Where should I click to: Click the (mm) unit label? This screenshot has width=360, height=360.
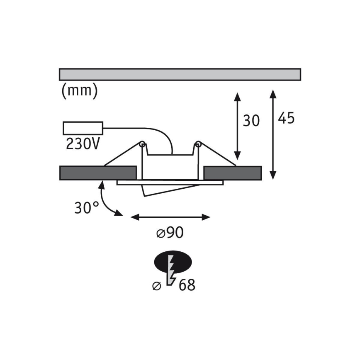pos(80,90)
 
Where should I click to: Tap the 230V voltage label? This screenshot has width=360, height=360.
pos(83,144)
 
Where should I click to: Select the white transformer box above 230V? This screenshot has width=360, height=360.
pos(83,128)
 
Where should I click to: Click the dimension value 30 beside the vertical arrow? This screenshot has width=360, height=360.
pos(251,121)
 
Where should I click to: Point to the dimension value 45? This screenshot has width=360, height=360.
pos(286,118)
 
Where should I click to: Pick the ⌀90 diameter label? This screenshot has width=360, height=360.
pos(170,233)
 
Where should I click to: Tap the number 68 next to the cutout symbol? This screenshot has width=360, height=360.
pos(187,285)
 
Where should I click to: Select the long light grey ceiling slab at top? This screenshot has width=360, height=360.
pos(180,74)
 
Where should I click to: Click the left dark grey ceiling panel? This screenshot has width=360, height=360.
pos(98,173)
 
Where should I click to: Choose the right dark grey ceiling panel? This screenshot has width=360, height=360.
pos(233,173)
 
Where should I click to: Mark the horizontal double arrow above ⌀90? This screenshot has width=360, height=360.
pos(170,217)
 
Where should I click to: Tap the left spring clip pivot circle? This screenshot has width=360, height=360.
pos(142,144)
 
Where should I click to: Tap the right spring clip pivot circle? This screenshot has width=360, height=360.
pos(198,144)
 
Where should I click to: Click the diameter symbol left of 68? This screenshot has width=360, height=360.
pos(157,286)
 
